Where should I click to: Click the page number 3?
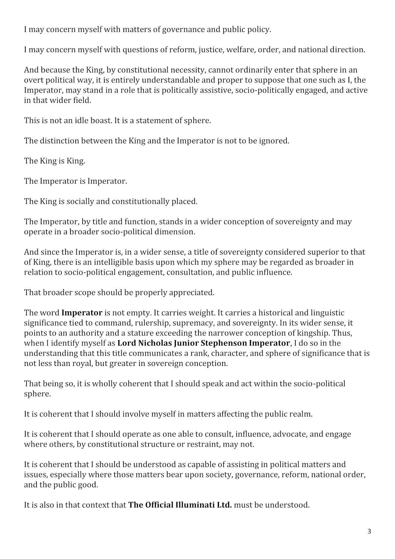[369, 531]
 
